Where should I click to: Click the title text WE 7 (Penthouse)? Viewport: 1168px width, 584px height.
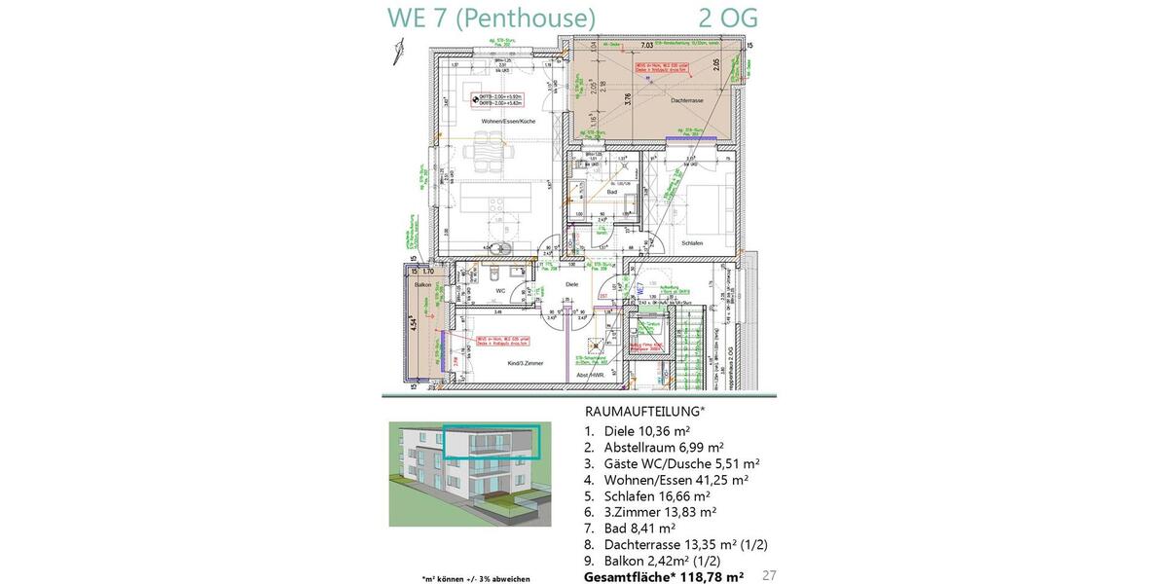pyautogui.click(x=491, y=18)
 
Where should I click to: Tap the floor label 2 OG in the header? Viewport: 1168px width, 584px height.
pyautogui.click(x=728, y=18)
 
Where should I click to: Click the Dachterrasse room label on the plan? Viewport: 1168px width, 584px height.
pyautogui.click(x=687, y=100)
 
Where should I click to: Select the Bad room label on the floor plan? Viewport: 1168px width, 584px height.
pyautogui.click(x=611, y=193)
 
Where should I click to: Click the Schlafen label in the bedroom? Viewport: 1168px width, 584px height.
pyautogui.click(x=692, y=243)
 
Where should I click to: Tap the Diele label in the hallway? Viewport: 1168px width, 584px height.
pyautogui.click(x=571, y=284)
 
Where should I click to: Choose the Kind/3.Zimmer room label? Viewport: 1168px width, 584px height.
pyautogui.click(x=525, y=363)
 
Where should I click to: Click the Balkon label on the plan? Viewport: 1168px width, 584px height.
pyautogui.click(x=422, y=285)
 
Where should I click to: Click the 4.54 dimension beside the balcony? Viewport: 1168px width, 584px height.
pyautogui.click(x=413, y=323)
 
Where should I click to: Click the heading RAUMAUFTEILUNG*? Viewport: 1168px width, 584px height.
pyautogui.click(x=644, y=412)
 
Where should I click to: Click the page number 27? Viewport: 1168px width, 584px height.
pyautogui.click(x=770, y=576)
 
